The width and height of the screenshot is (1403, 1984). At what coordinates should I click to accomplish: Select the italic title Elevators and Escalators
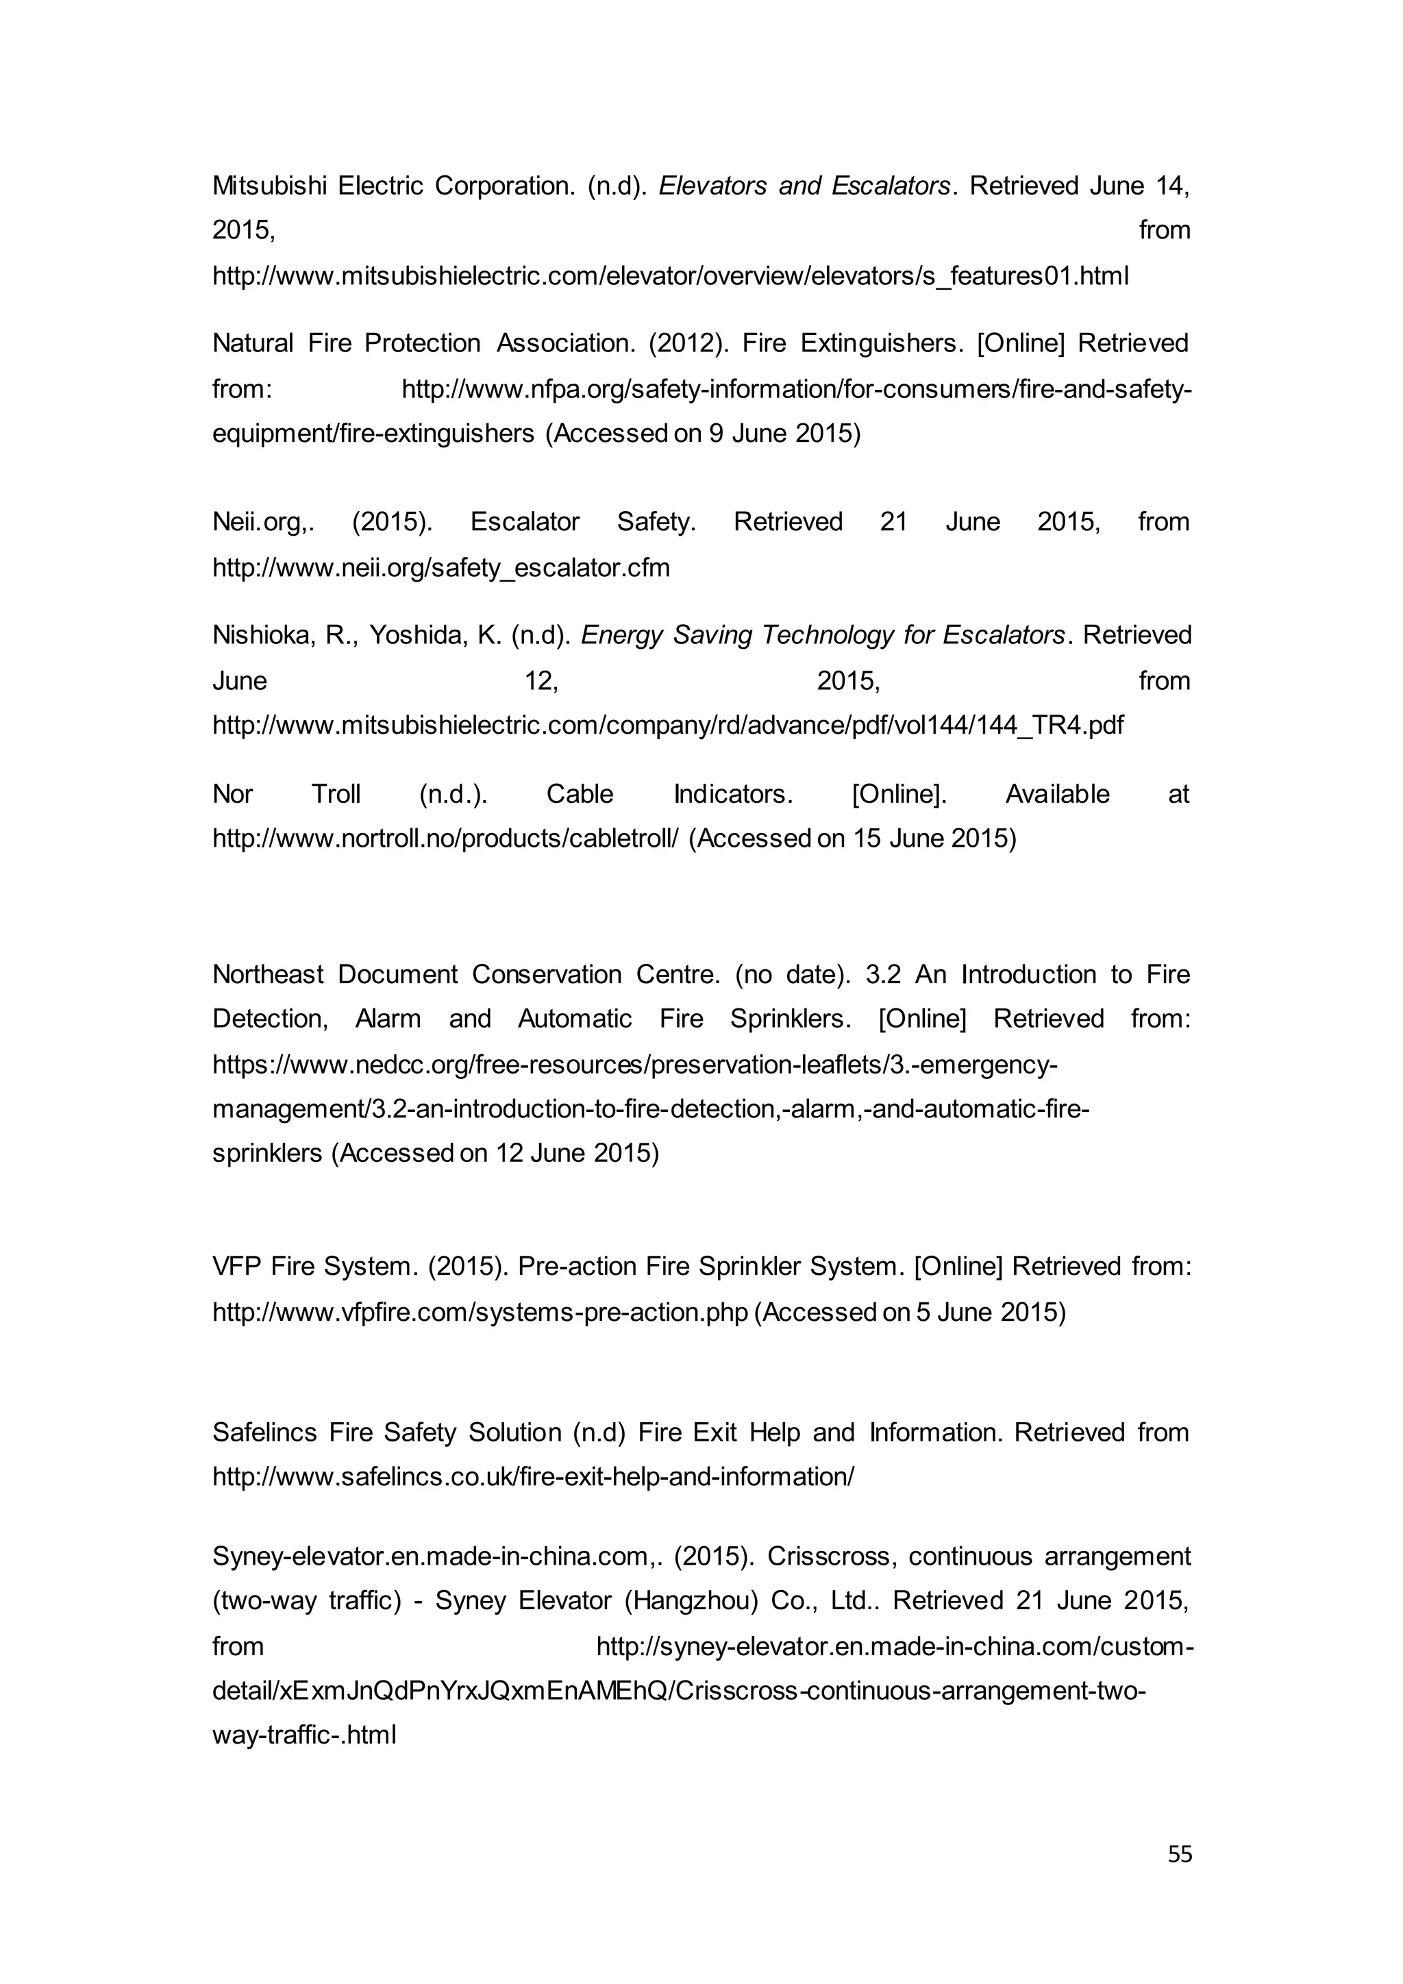pyautogui.click(x=804, y=186)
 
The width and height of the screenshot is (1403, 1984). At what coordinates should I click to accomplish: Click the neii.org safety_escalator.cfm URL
pyautogui.click(x=440, y=568)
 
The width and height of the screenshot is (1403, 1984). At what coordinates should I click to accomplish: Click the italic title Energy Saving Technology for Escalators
pyautogui.click(x=823, y=635)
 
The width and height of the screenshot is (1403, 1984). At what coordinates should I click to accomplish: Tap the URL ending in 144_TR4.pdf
pyautogui.click(x=668, y=724)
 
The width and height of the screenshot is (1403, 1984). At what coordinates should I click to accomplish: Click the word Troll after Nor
pyautogui.click(x=336, y=793)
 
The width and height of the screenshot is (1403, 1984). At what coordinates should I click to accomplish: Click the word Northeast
pyautogui.click(x=268, y=974)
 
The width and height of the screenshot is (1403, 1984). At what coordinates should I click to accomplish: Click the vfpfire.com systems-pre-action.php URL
pyautogui.click(x=480, y=1312)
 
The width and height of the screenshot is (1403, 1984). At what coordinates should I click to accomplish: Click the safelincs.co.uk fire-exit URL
pyautogui.click(x=533, y=1477)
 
